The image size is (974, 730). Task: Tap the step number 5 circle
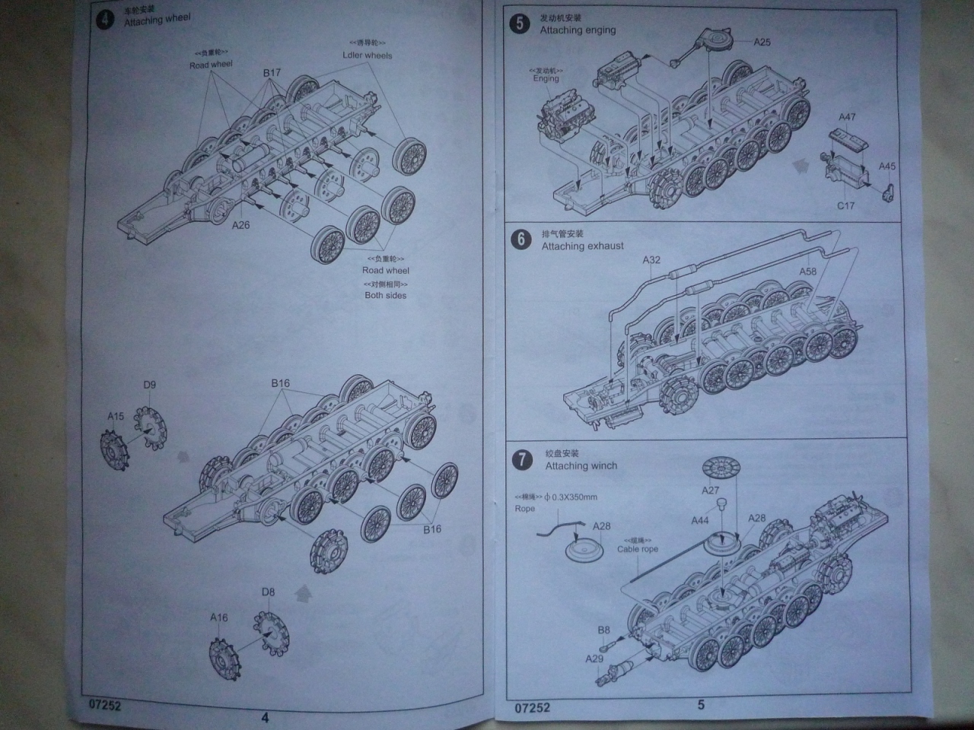tap(520, 24)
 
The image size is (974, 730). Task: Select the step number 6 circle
tap(521, 240)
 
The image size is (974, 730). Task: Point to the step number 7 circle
tap(522, 459)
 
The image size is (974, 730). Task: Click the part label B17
tap(272, 73)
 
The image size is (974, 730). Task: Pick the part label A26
tap(240, 224)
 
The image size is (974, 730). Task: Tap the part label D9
tap(149, 385)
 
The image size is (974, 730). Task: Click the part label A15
tap(115, 416)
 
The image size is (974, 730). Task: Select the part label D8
tap(268, 592)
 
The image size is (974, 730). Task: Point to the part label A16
tap(219, 617)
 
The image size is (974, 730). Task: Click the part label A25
tap(762, 42)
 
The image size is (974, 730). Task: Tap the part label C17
tap(845, 205)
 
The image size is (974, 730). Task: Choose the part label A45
tap(887, 166)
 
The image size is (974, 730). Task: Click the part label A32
tap(651, 259)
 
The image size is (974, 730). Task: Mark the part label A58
tap(807, 271)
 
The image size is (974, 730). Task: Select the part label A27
tap(710, 490)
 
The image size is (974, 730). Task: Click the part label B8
tap(603, 630)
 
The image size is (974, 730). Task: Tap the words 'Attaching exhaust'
tap(582, 246)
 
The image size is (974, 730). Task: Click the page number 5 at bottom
tap(701, 705)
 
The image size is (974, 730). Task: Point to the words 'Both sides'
tap(385, 295)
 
